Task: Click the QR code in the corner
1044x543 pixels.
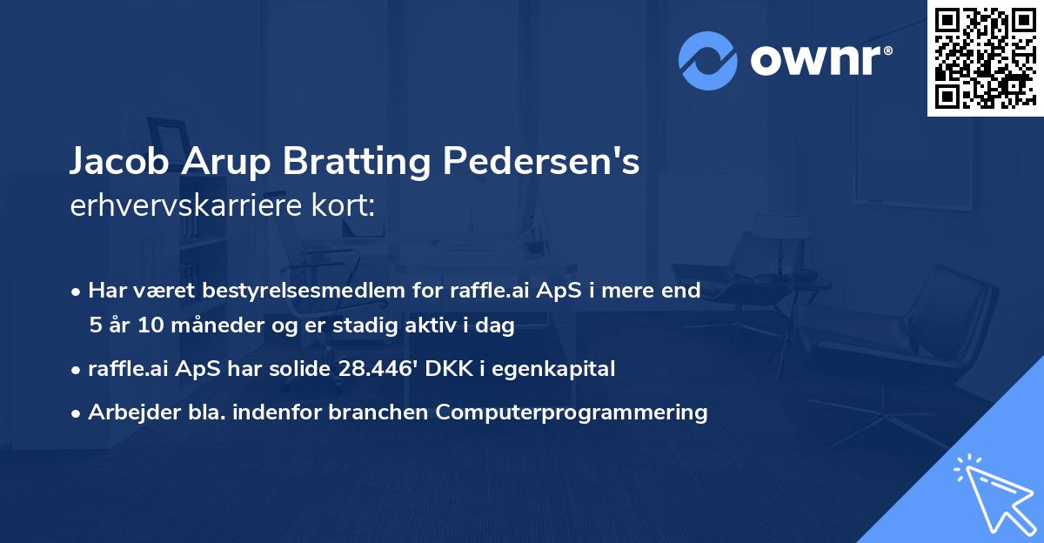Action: coord(985,57)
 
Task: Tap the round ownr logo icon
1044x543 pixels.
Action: coord(708,61)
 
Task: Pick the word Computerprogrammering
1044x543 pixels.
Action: coord(572,412)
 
